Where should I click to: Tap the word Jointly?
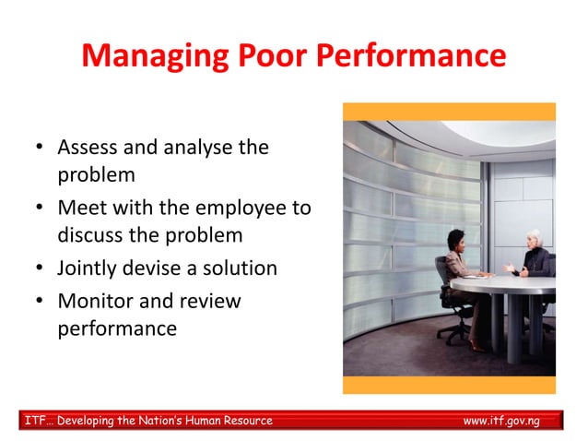click(x=89, y=268)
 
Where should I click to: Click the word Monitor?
click(x=94, y=301)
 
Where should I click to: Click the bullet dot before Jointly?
click(x=38, y=269)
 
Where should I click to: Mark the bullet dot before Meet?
click(x=38, y=209)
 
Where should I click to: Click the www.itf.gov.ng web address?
click(x=500, y=421)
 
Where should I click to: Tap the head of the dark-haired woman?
click(x=458, y=241)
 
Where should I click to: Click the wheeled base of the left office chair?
click(x=453, y=330)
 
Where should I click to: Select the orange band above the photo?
click(x=449, y=112)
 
